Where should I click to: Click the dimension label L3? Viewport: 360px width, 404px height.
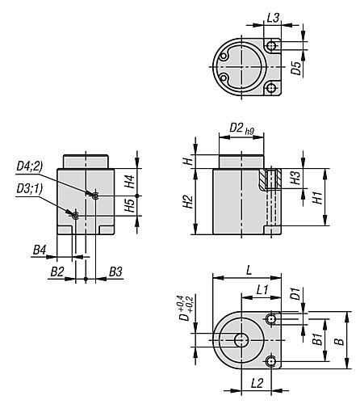[x=273, y=17]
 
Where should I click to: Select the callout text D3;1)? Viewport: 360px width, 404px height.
[x=31, y=188]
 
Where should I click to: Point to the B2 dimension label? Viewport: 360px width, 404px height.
[x=57, y=269]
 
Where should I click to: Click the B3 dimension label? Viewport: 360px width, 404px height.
[x=115, y=269]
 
